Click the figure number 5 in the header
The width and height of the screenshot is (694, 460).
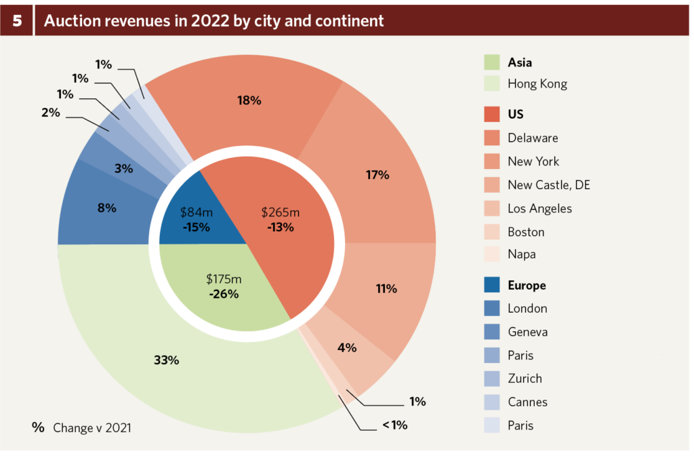coord(16,20)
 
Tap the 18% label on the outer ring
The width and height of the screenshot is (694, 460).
coord(249,100)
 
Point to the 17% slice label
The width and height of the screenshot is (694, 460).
coord(377,174)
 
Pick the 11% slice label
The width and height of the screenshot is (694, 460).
coord(386,288)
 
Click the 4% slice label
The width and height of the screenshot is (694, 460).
coord(347,347)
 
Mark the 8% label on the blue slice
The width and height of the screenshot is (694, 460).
coord(106,208)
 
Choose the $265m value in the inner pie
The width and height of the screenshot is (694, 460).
coord(281,212)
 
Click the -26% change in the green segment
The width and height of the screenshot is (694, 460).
coord(224,294)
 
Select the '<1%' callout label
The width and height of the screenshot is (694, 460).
coord(394,425)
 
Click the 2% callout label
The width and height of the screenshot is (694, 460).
coord(50,113)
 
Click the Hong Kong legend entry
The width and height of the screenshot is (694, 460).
coord(537,84)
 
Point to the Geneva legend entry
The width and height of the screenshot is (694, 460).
coord(527,332)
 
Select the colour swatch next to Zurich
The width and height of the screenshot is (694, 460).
coord(493,378)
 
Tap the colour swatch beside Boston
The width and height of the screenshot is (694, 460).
coord(493,231)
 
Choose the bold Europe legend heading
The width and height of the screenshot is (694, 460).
coord(527,285)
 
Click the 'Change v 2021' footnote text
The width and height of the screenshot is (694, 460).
coord(92,427)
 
